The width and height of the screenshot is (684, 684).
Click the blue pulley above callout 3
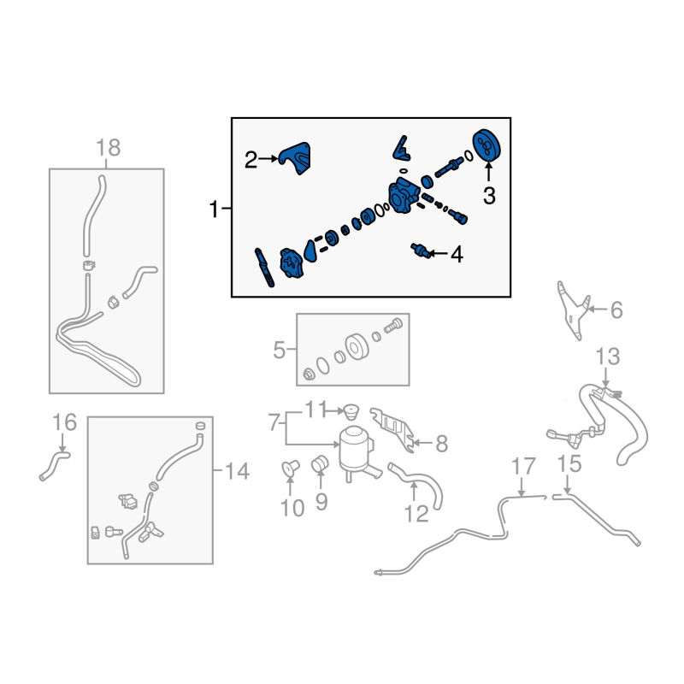pyautogui.click(x=486, y=145)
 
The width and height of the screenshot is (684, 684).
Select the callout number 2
pyautogui.click(x=251, y=160)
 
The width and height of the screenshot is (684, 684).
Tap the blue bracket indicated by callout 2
pyautogui.click(x=296, y=158)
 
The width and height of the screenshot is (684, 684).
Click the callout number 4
pyautogui.click(x=457, y=254)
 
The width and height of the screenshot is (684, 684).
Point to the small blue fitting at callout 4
pyautogui.click(x=421, y=251)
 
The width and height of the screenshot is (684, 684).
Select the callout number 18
pyautogui.click(x=109, y=147)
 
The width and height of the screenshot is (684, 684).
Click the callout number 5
pyautogui.click(x=280, y=350)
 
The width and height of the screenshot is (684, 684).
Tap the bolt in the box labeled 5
pyautogui.click(x=393, y=326)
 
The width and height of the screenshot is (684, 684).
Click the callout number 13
pyautogui.click(x=608, y=357)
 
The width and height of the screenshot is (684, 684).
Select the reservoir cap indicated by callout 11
pyautogui.click(x=351, y=412)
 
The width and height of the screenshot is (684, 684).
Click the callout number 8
pyautogui.click(x=442, y=444)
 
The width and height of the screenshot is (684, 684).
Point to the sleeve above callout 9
pyautogui.click(x=320, y=463)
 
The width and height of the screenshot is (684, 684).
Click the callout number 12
pyautogui.click(x=416, y=515)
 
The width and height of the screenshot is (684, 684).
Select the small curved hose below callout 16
pyautogui.click(x=54, y=464)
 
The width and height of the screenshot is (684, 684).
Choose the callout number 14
pyautogui.click(x=238, y=472)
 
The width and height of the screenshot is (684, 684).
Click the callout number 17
pyautogui.click(x=523, y=466)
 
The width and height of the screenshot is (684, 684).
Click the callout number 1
pyautogui.click(x=214, y=209)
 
